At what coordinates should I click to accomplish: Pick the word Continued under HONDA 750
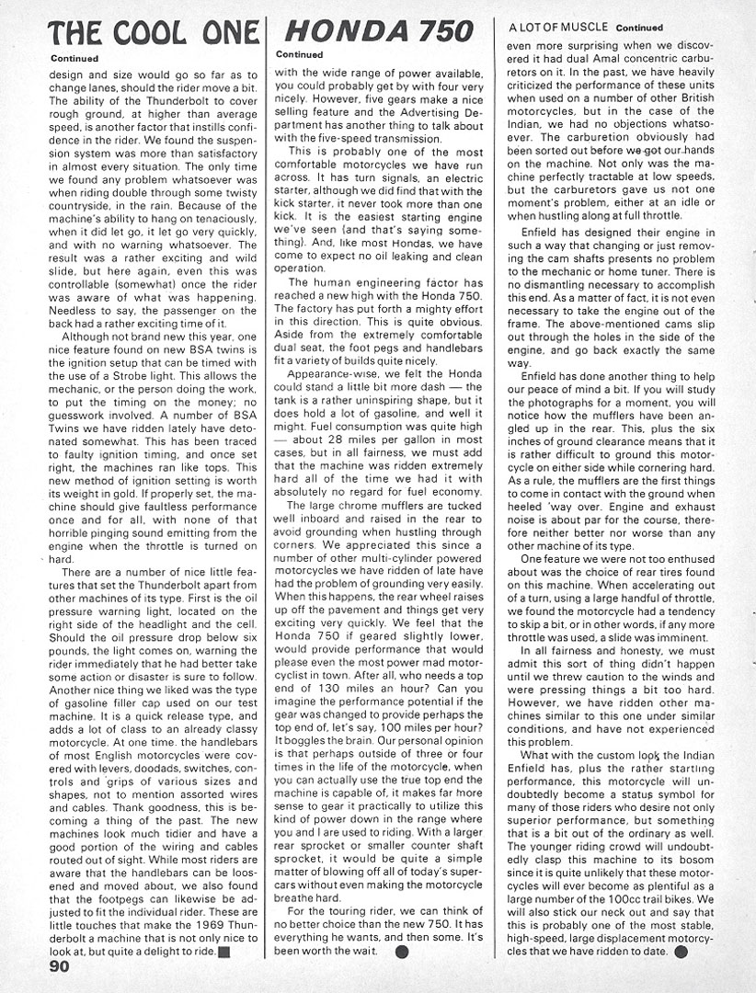(299, 54)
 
